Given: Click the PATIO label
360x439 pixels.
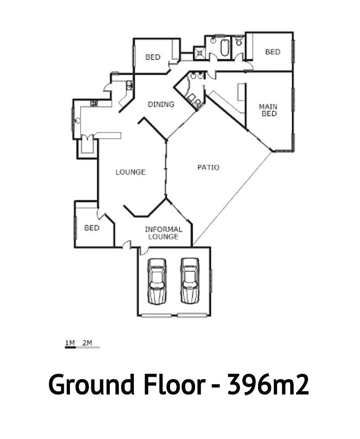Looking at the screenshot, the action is point(208,167).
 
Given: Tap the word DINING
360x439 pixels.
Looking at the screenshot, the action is point(161,104).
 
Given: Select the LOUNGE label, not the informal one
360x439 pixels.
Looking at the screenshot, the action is point(131,172).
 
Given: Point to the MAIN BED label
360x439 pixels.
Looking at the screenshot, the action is point(268,110).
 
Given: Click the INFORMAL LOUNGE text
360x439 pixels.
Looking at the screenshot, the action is point(164,233).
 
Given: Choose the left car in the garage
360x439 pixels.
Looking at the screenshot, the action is point(157,281).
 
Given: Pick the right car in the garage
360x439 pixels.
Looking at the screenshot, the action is point(190,280).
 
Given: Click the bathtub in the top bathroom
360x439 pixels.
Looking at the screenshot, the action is point(225,48).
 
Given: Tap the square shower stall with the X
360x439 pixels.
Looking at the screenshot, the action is point(199,53).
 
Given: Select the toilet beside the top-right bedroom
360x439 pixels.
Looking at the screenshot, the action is point(239,41).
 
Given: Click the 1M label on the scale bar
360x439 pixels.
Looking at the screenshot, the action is point(70,343).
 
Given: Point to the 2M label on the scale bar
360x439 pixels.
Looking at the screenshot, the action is point(87,343).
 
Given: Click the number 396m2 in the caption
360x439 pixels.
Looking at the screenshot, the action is point(268,384).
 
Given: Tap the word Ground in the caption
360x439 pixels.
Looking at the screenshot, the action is point(91,385).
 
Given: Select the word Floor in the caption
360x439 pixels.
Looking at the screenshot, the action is point(175,384).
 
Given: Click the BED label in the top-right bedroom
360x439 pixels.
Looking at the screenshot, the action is point(273,52).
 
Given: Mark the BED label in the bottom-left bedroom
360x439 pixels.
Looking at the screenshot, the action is point(92,228).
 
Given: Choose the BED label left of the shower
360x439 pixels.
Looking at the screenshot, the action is point(153,57).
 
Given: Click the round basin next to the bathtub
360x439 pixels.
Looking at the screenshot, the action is point(213,40).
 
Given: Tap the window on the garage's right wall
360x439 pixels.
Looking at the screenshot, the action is point(211,280).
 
